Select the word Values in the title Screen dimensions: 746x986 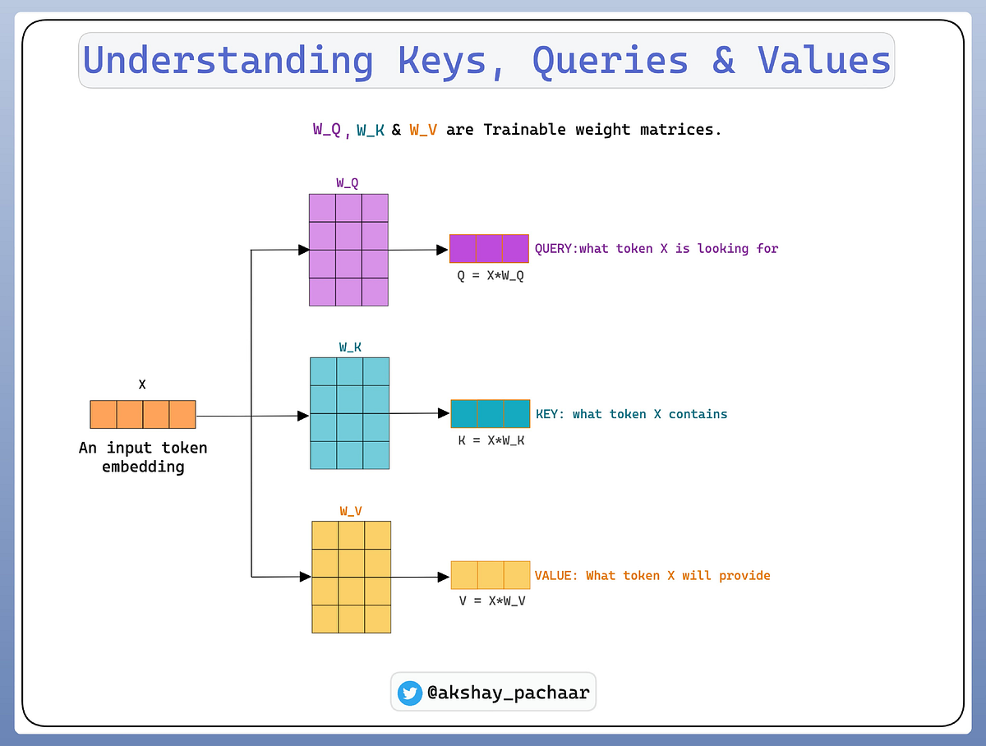[824, 61]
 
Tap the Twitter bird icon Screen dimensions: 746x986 [409, 693]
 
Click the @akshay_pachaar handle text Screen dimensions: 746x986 [508, 693]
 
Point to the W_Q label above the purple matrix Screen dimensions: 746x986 [348, 182]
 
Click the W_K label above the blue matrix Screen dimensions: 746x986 [350, 347]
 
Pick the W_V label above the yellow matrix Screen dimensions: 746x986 [351, 511]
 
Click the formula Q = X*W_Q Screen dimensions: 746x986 [491, 275]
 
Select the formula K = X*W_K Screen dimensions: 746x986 [491, 440]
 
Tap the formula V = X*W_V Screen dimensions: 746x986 [492, 601]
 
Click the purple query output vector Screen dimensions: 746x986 [489, 248]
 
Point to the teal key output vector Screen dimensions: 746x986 [491, 414]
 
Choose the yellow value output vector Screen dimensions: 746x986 [491, 575]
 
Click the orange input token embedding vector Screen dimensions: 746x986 [143, 414]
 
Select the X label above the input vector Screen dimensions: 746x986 [142, 384]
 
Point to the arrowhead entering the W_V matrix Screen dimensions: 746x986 [306, 577]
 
